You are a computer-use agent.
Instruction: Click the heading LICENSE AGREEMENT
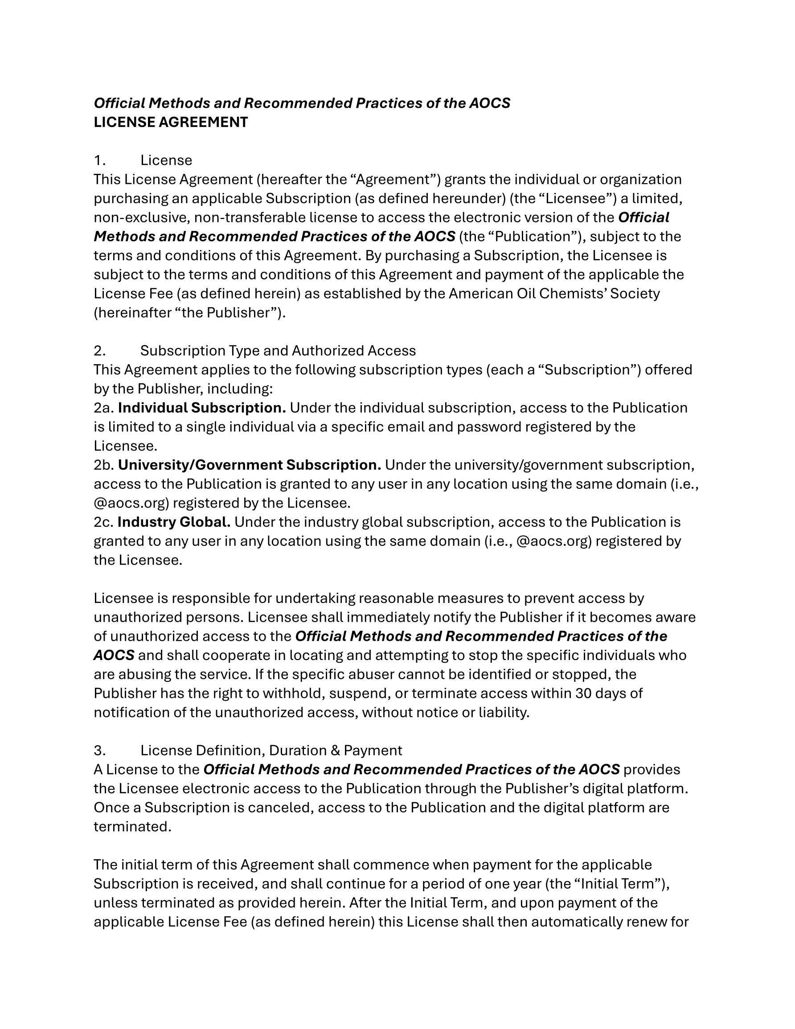tap(171, 122)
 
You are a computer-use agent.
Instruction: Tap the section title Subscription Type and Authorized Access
tap(278, 351)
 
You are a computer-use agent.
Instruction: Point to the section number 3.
tap(99, 750)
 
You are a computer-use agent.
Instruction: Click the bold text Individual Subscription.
tap(202, 408)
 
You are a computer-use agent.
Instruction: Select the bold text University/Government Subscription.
tap(249, 465)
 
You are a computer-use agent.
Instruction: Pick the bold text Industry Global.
tap(174, 522)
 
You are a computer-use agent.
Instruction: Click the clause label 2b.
tap(104, 465)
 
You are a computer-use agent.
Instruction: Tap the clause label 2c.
tap(104, 522)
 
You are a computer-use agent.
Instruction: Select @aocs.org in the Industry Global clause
tap(554, 541)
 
